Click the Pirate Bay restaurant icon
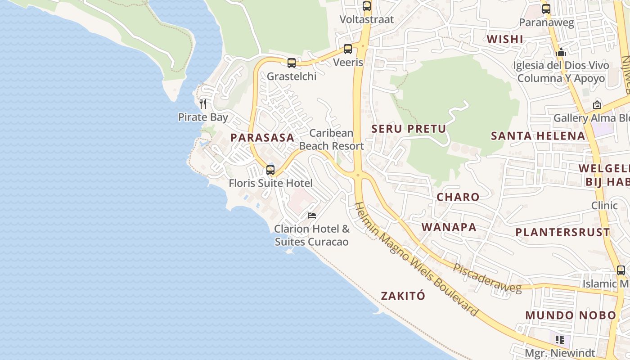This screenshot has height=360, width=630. coord(203,104)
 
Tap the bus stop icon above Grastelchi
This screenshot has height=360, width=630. coord(292,63)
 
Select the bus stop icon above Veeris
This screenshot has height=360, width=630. coord(348,49)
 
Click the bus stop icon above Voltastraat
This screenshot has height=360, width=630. coord(367,6)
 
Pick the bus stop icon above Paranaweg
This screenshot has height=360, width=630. coord(546,9)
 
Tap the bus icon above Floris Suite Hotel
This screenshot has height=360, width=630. coord(270,170)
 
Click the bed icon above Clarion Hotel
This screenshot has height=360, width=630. coord(312,216)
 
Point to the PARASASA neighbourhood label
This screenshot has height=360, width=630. coord(262,138)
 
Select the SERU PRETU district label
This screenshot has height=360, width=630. coord(409,129)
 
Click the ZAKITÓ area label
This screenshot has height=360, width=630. coord(403,296)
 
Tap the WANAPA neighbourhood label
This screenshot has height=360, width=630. coord(449,227)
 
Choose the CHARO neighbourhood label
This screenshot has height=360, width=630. coord(458,197)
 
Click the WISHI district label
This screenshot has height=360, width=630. coord(505,39)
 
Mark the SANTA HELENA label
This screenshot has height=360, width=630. coord(538,135)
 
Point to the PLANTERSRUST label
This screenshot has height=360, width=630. coord(562,232)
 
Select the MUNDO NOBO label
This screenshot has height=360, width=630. coord(571,315)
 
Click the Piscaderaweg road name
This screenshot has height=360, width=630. coord(487,278)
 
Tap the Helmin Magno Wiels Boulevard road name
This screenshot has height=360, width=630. coord(416,259)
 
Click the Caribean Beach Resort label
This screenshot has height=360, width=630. coord(332,139)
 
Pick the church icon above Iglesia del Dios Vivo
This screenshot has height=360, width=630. coord(561,53)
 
